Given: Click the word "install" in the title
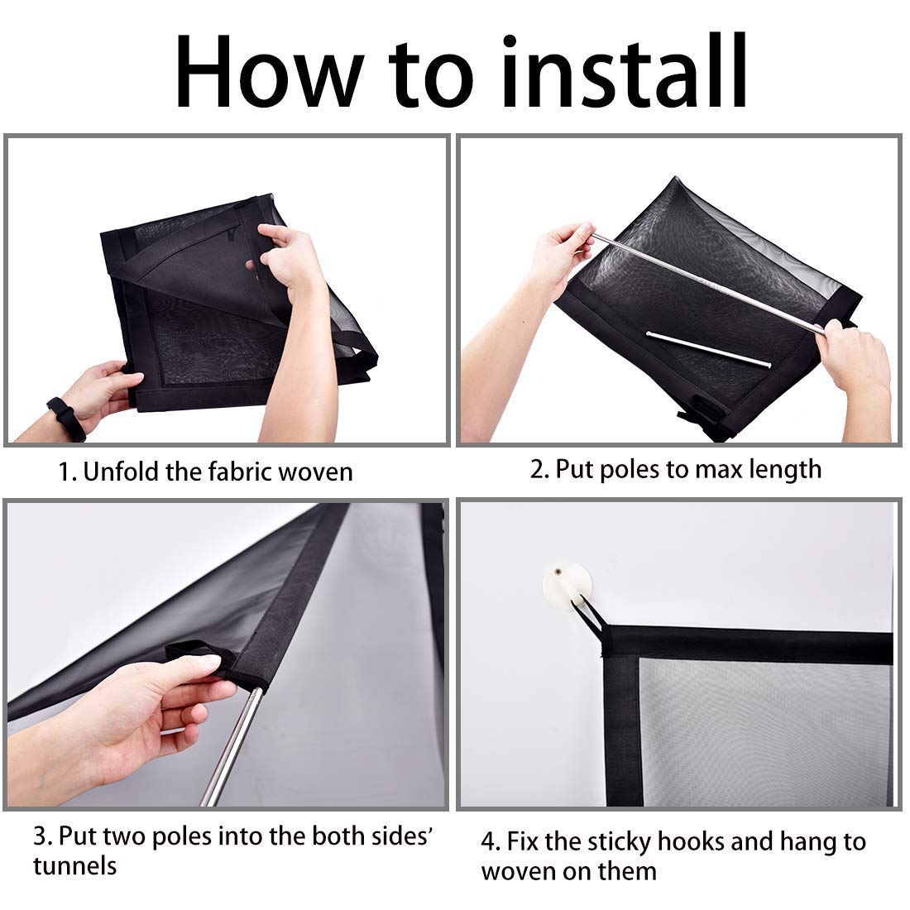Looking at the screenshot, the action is point(624,70).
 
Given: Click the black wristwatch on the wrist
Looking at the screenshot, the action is point(65,419).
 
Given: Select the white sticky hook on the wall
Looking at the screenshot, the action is point(567,583).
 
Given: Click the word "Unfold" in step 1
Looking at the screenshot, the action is point(121,472).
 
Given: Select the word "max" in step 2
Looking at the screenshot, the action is point(717,470).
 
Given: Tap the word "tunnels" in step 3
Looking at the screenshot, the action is point(74,865).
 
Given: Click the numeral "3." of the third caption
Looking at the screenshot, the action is point(43,836).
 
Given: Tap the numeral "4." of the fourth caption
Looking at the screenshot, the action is point(491,842).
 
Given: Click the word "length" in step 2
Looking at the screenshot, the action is point(784,470).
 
